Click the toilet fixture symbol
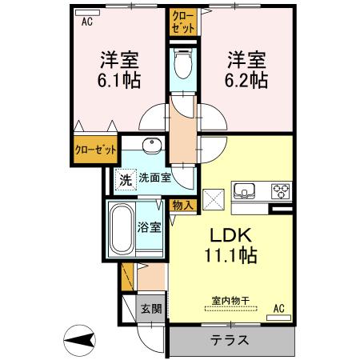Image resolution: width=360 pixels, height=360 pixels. pos(183,63)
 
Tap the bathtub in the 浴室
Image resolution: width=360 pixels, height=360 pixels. pos(122,230)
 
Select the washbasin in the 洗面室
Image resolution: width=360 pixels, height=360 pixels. pos(152,146)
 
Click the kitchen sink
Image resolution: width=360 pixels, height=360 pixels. pos(244,191)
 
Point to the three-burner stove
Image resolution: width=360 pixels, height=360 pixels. pos(281,191)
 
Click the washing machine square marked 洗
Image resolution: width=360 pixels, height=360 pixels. pos(126,180)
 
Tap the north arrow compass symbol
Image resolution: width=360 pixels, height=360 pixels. pos(79,341)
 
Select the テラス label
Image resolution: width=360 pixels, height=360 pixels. pos(230,340)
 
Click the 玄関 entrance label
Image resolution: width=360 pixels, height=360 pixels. pos(151,309)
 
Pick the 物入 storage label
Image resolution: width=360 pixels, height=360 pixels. pos(182,206)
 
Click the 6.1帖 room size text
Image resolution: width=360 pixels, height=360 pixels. pos(119,80)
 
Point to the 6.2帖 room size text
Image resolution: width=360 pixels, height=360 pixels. pos(246,80)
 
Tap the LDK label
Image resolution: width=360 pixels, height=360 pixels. pos(231,235)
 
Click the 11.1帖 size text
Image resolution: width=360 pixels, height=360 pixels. pos(230,255)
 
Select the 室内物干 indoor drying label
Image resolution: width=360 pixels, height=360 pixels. pos(231,301)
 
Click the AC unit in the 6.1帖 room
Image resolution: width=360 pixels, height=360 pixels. pos(87,13)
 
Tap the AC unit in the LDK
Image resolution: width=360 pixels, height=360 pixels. pos(278,318)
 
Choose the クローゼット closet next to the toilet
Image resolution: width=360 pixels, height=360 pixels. pos(183,22)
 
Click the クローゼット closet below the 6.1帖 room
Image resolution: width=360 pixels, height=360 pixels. pos(95,150)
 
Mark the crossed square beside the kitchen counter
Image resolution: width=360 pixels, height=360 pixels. pos(214,200)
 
